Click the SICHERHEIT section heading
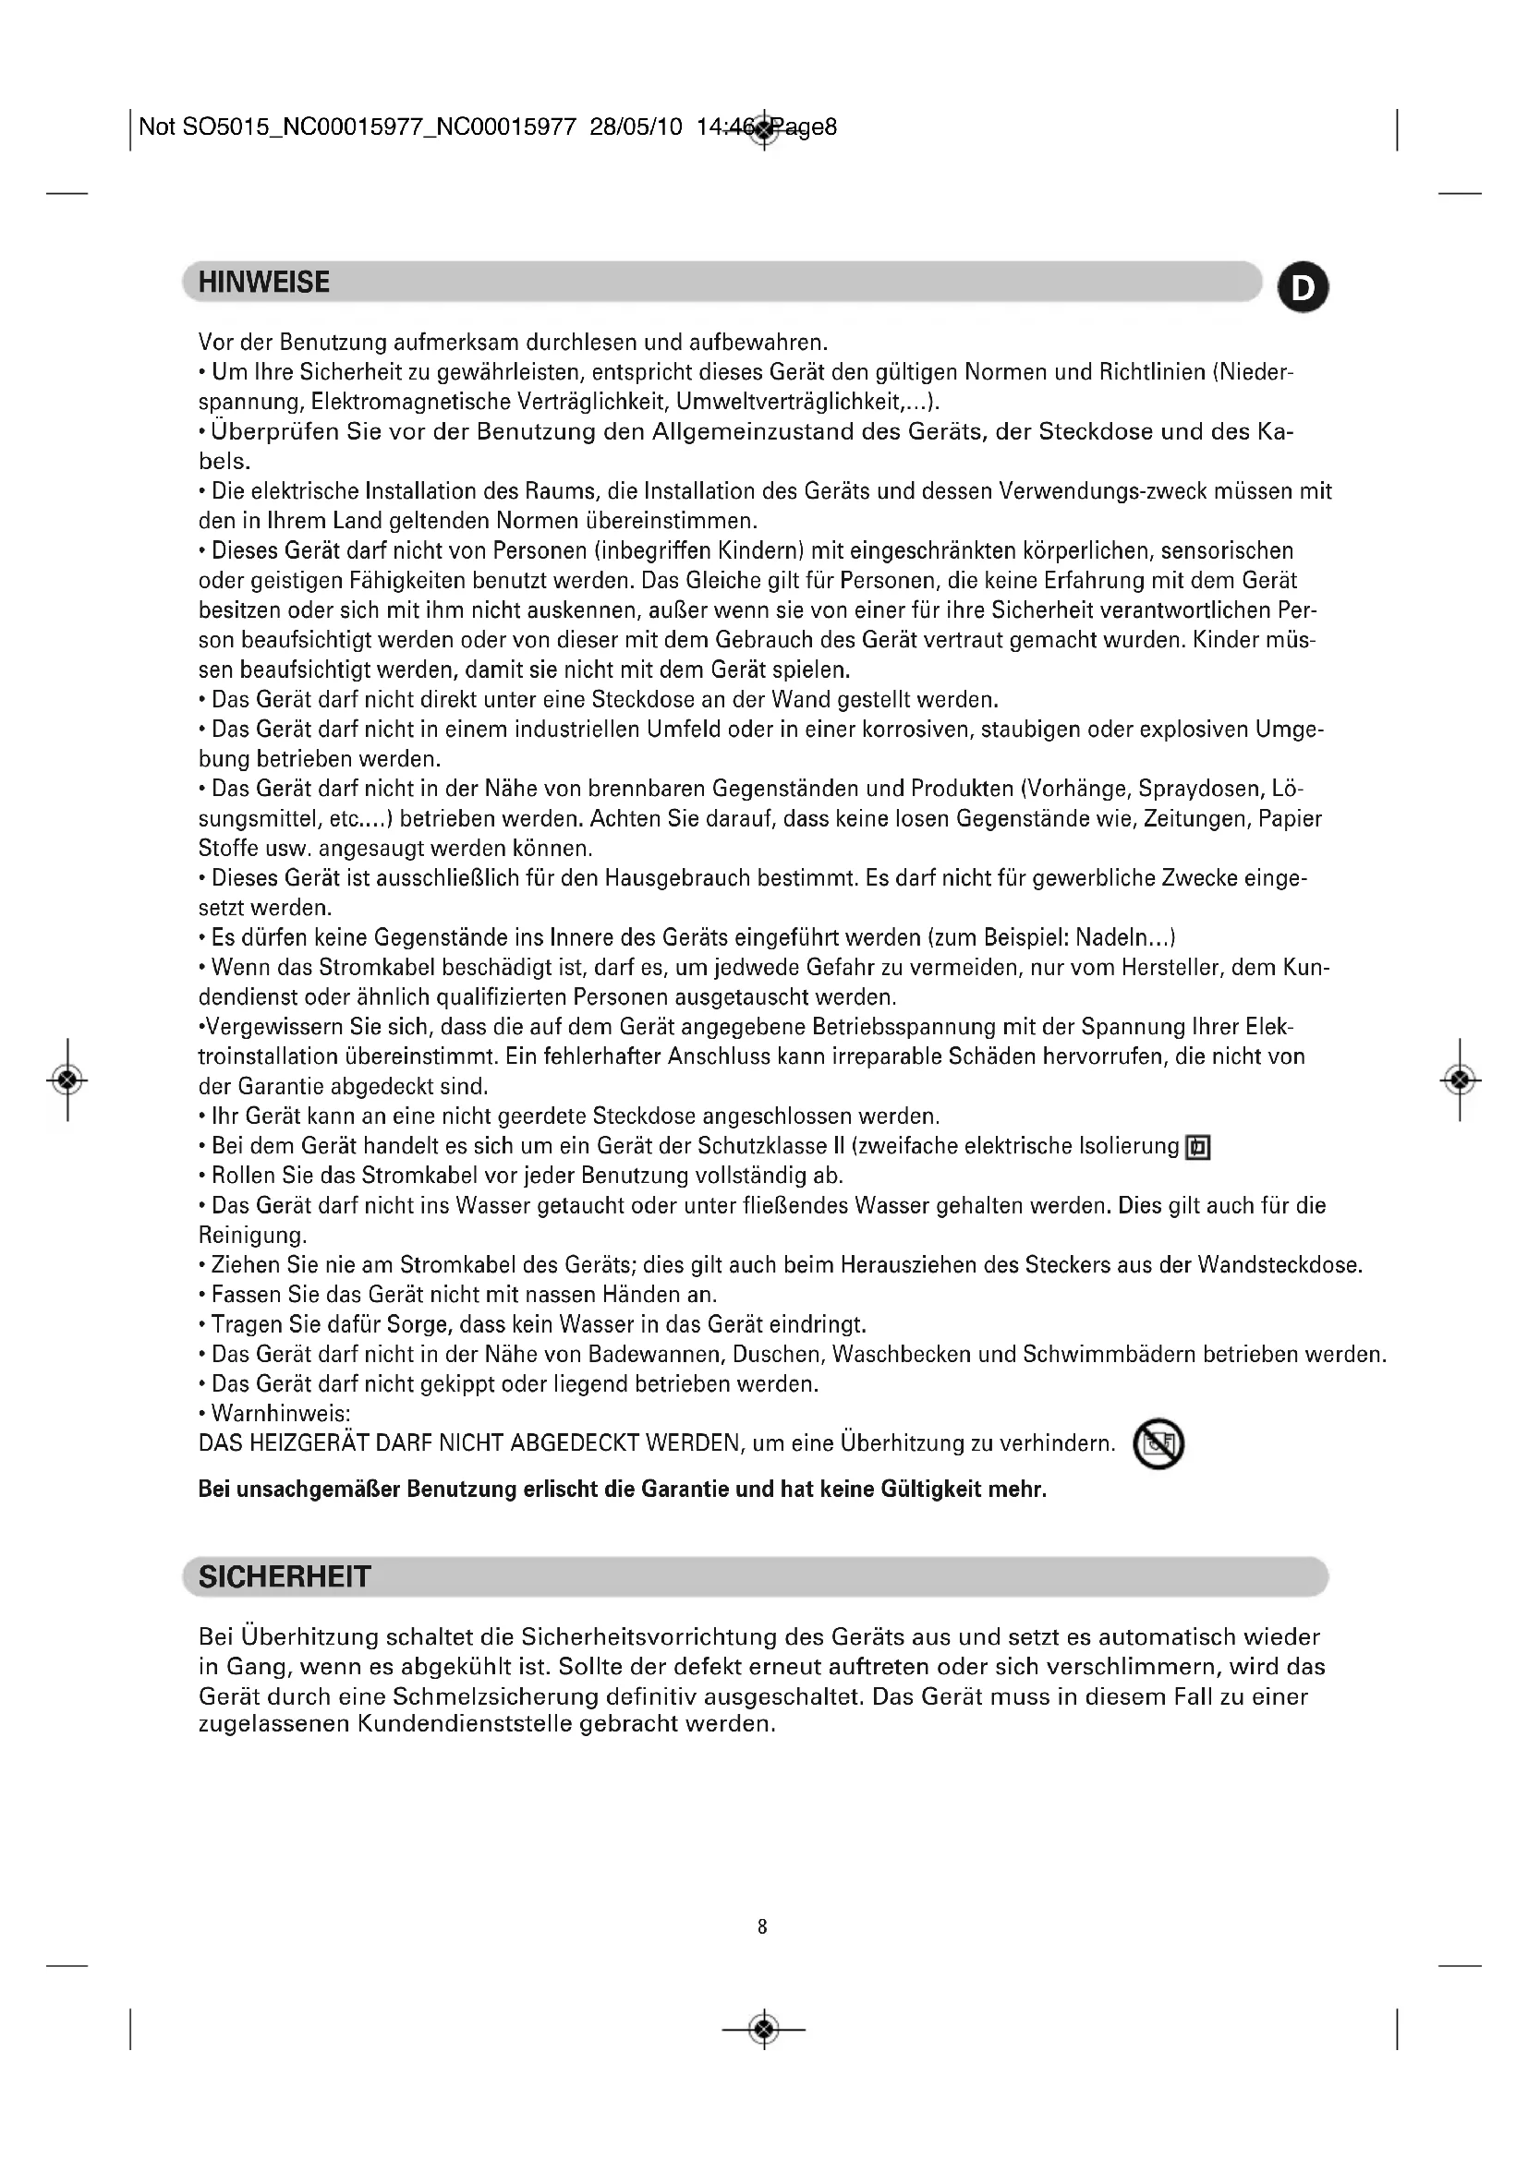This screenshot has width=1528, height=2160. point(285,1576)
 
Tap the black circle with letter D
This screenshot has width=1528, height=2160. point(1304,288)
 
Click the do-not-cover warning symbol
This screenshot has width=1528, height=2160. point(1158,1444)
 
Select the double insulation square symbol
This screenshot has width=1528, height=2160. point(1198,1148)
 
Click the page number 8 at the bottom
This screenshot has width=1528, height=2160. point(762,1926)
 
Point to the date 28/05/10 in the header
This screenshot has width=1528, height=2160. point(635,127)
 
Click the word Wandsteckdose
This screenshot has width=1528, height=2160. point(1279,1265)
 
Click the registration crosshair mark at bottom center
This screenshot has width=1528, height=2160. point(764,2030)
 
